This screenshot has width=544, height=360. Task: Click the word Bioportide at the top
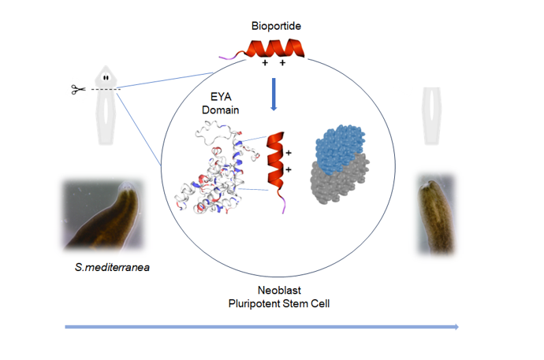[276, 26]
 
